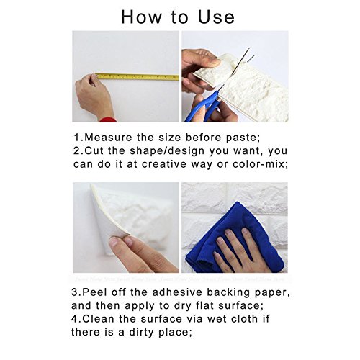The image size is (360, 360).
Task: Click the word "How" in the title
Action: click(x=142, y=17)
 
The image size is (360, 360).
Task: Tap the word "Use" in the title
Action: click(x=216, y=17)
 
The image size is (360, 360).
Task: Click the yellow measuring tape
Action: click(x=137, y=77)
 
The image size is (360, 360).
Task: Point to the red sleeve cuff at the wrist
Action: click(x=108, y=120)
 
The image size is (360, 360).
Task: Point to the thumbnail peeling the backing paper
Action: click(x=115, y=242)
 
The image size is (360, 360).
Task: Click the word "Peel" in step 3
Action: click(x=95, y=292)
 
